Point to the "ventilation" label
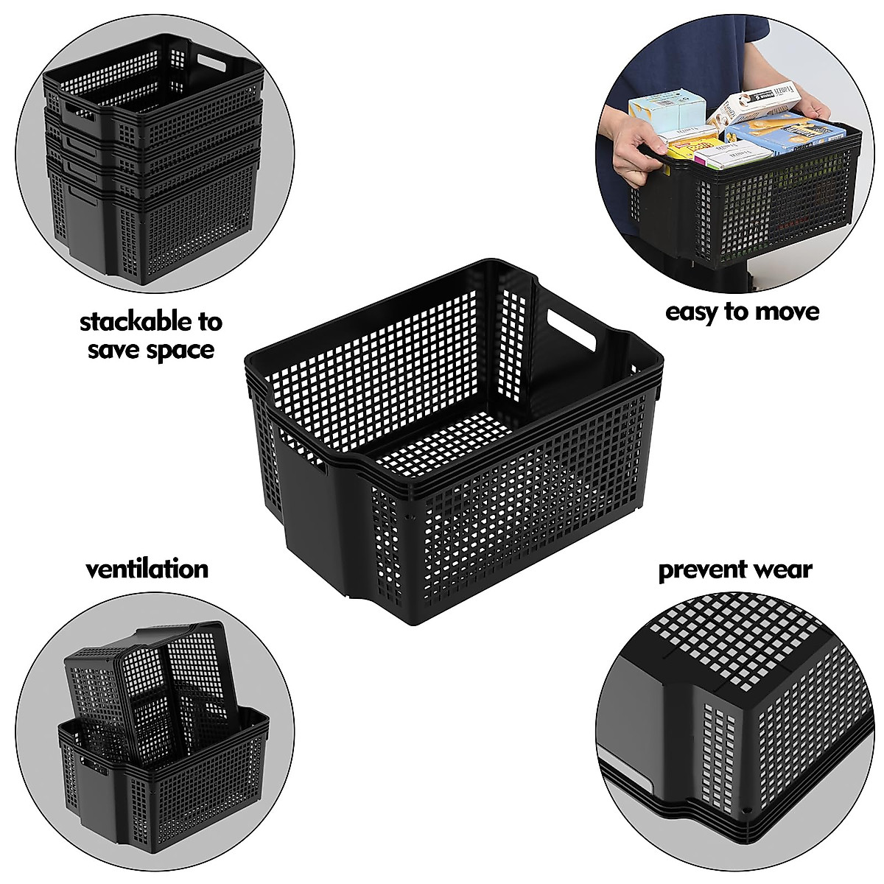147,569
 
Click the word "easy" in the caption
692,312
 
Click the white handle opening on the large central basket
571,330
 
